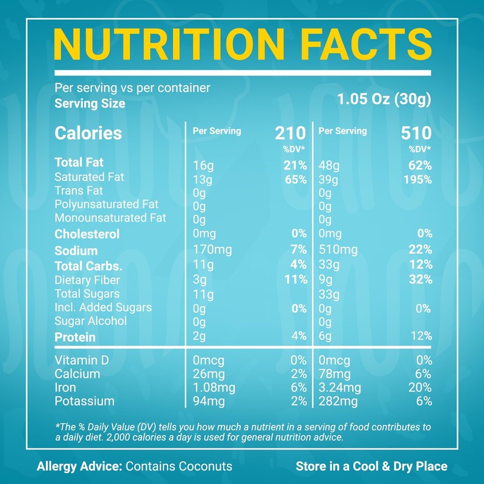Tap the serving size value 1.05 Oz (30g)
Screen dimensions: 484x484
[x=384, y=99]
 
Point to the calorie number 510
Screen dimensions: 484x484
[x=416, y=133]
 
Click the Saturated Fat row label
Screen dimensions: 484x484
[x=89, y=177]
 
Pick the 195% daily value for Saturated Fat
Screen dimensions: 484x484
[x=417, y=180]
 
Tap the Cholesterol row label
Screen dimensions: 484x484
[x=87, y=234]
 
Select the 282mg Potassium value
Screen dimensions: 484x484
[x=337, y=401]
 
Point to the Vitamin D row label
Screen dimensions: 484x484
[x=82, y=361]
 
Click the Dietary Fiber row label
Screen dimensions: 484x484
[x=87, y=280]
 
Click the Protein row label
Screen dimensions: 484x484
[x=75, y=337]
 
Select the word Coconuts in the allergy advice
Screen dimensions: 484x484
[x=202, y=466]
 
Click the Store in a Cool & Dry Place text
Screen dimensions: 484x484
[x=371, y=466]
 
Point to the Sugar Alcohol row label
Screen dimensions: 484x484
[x=91, y=321]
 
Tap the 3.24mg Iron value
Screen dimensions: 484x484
[x=339, y=388]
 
